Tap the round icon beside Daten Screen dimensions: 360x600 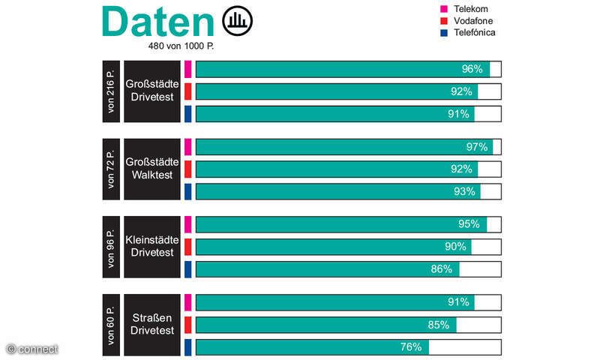(x=238, y=20)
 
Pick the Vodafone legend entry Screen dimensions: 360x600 (x=472, y=20)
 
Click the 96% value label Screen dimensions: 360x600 (x=472, y=69)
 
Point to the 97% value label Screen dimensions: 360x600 (x=476, y=146)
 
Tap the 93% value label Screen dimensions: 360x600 (x=464, y=191)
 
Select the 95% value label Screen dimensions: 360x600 (x=469, y=224)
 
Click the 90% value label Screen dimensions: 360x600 (x=455, y=247)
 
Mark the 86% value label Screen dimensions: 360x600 (x=442, y=269)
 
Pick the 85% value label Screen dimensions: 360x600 (x=439, y=325)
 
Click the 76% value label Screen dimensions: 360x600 (x=411, y=347)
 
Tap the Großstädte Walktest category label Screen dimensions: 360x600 (x=152, y=169)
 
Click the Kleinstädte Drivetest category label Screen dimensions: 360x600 (x=152, y=247)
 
